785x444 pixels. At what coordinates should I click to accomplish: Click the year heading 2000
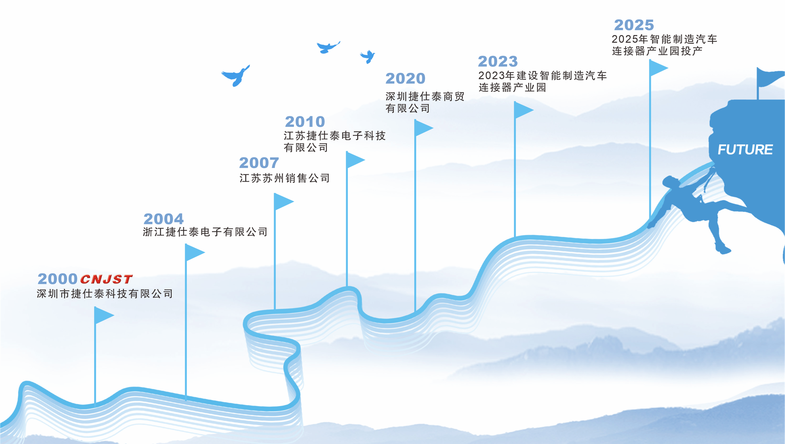tap(57, 279)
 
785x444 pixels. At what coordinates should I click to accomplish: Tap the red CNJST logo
tap(106, 279)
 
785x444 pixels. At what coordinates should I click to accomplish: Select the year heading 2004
tap(163, 219)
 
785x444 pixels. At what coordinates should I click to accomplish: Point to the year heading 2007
tap(259, 163)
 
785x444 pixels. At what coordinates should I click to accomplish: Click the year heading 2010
tap(305, 122)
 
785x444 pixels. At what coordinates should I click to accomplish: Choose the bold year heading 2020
tap(405, 79)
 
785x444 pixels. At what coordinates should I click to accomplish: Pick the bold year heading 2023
tap(498, 61)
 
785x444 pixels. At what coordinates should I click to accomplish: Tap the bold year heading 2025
tap(634, 25)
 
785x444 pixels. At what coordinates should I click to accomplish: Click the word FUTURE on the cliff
tap(745, 150)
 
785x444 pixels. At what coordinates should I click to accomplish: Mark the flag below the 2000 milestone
tap(103, 315)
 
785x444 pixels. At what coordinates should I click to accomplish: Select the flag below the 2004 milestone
tap(194, 253)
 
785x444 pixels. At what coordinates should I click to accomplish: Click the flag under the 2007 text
tap(283, 202)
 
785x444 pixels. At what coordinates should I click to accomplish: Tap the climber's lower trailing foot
tap(722, 249)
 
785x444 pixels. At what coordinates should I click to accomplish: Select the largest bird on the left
tap(236, 76)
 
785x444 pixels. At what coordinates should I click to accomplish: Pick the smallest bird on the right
tap(368, 56)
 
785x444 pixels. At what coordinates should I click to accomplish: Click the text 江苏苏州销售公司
tap(285, 179)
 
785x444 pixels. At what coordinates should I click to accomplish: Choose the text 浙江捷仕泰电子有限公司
tap(205, 232)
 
